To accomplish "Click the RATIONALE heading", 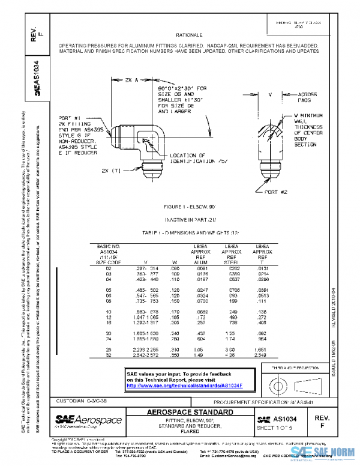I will (x=188, y=36).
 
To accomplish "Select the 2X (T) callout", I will (x=111, y=171).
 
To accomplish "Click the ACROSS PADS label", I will (x=309, y=98).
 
